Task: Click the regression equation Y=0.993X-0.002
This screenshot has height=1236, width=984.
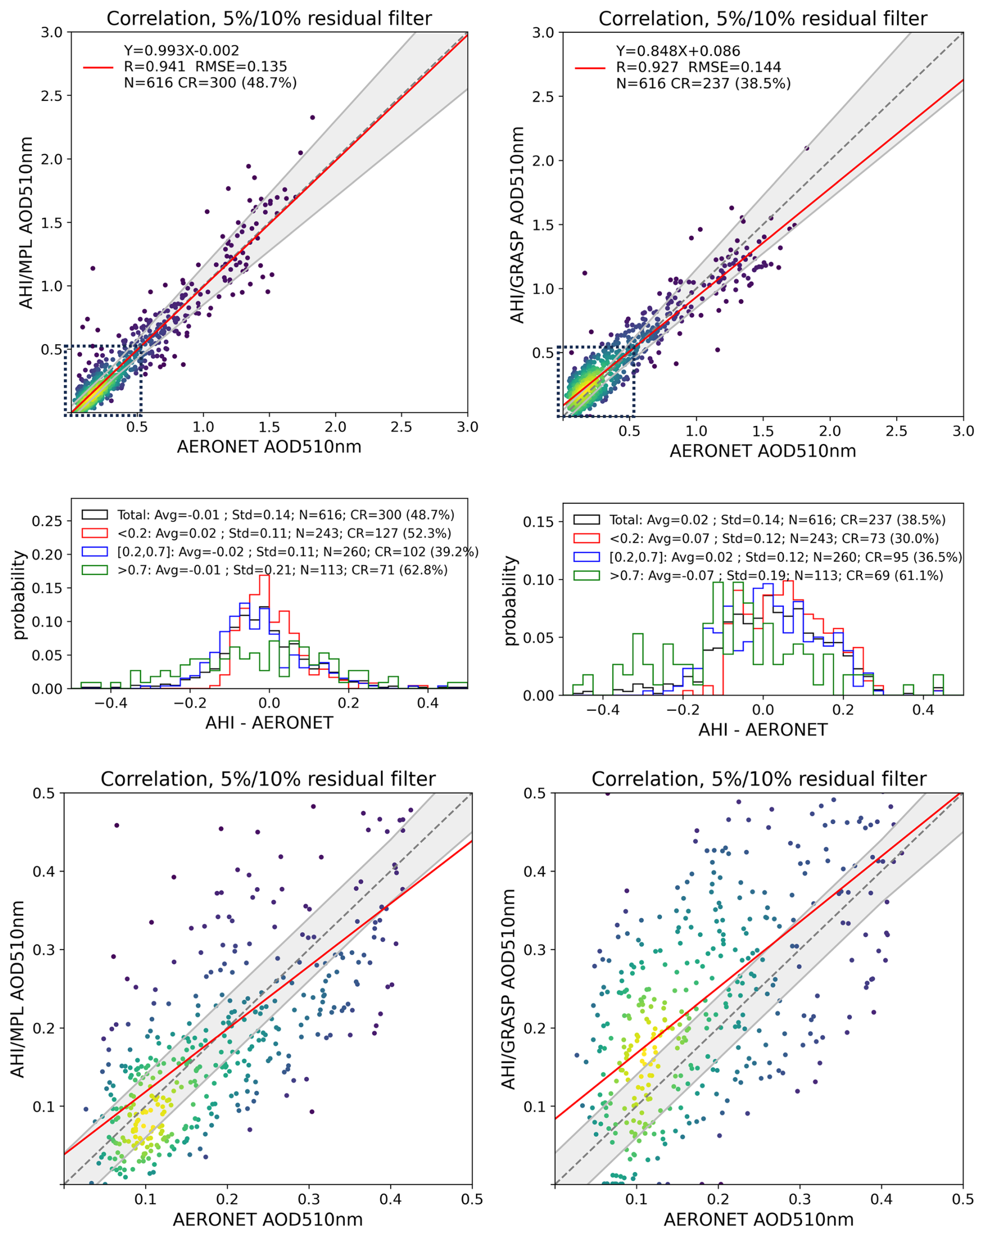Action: (x=181, y=50)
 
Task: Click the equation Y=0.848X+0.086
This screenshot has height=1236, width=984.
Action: (x=678, y=51)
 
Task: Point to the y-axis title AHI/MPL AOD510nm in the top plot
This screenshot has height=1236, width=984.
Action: (x=26, y=223)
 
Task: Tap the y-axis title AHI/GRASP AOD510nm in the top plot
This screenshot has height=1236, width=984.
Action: (x=517, y=225)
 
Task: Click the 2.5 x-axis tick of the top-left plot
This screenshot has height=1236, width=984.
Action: (x=401, y=427)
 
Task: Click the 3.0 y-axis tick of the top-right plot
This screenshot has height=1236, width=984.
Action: (x=543, y=33)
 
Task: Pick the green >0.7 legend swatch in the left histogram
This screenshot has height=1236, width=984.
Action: (x=95, y=570)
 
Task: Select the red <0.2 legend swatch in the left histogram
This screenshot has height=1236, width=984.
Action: (x=95, y=533)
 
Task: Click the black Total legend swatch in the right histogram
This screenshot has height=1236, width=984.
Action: (x=586, y=519)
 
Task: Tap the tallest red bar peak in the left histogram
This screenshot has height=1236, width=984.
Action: (x=264, y=576)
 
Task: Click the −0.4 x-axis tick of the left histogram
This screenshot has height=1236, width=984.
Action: (x=111, y=703)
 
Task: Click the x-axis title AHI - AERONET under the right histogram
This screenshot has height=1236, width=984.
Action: (x=762, y=730)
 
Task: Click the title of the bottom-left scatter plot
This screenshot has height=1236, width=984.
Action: (x=268, y=779)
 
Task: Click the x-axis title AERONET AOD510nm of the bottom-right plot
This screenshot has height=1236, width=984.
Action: (x=758, y=1219)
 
